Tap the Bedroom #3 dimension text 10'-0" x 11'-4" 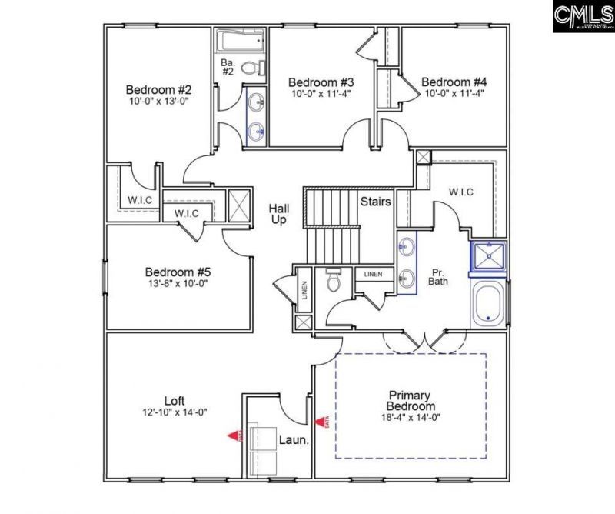pos(321,95)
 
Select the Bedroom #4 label pos(454,82)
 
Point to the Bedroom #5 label pos(178,272)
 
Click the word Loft pos(175,401)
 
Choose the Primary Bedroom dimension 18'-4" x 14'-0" pos(411,418)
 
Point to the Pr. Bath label pos(437,276)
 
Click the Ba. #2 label pos(228,66)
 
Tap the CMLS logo pos(582,17)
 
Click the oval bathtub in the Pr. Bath pos(487,303)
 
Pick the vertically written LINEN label pos(304,289)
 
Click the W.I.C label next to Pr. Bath pos(460,192)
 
